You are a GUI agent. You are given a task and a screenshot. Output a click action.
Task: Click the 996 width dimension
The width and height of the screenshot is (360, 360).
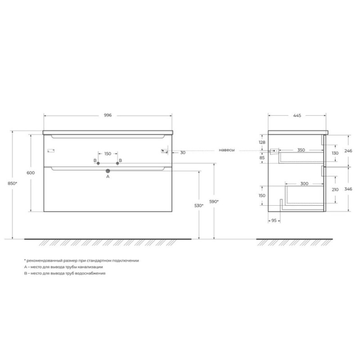108,115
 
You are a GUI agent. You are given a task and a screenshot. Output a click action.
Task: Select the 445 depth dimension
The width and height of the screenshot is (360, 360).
297,116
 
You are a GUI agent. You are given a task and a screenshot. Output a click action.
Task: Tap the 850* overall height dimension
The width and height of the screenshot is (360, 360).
13,183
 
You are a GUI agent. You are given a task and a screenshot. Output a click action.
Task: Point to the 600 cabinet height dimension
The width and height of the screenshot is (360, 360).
31,173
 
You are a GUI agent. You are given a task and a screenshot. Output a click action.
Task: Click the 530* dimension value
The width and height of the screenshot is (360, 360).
199,206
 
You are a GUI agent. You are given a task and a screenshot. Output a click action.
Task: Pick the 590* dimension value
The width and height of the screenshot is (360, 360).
214,201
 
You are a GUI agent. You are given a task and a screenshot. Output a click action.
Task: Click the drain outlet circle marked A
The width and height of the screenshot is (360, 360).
108,171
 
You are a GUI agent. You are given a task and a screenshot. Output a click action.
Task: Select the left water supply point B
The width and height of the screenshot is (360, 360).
98,163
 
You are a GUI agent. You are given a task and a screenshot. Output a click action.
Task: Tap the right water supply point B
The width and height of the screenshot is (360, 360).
117,163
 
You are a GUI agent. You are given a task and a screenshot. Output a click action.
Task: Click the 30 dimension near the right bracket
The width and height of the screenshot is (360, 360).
183,153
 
